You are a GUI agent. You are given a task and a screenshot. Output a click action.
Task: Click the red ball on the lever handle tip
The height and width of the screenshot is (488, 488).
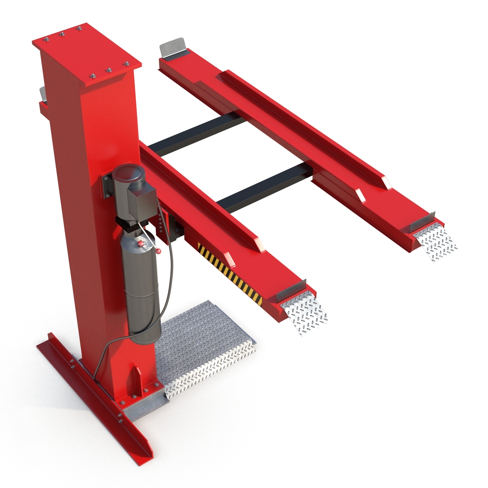coord(161,251)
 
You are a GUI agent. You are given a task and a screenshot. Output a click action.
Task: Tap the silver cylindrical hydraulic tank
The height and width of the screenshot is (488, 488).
coord(140,285)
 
